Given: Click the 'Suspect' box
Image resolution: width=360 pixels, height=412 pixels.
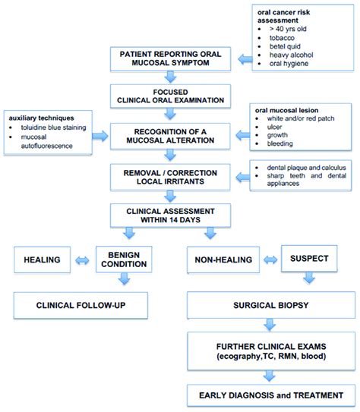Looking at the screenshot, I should pos(308,259).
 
